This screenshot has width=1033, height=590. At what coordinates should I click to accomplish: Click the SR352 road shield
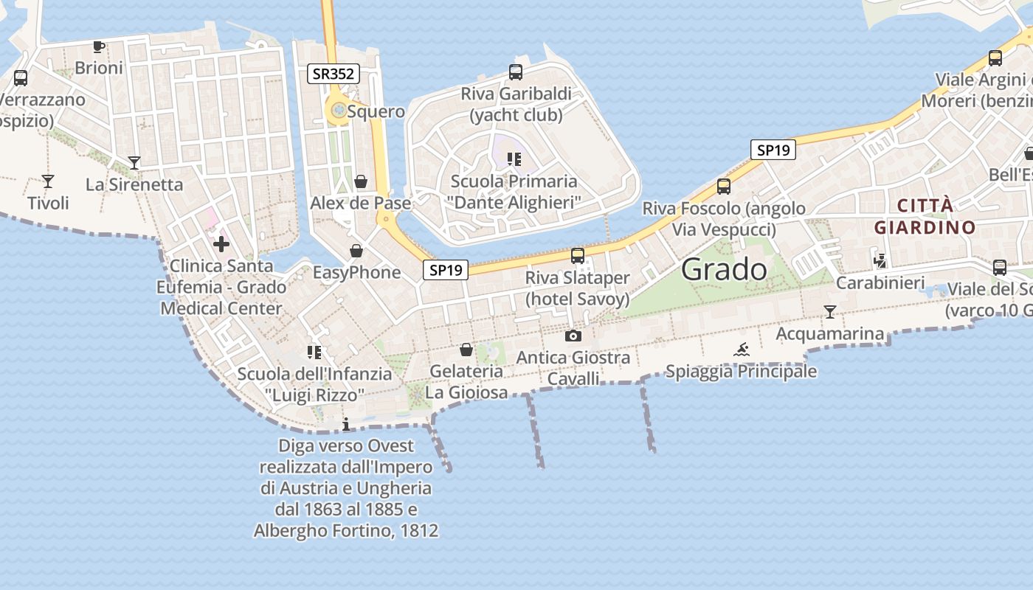[334, 74]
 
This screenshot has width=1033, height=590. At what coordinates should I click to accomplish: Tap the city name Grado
[724, 269]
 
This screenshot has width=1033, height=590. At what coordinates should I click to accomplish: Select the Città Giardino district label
[925, 216]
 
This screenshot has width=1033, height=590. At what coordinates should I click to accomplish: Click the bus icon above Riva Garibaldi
[516, 72]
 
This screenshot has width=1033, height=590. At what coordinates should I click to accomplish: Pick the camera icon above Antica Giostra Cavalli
[573, 336]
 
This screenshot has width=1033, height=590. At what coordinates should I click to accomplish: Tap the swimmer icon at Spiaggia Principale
[742, 350]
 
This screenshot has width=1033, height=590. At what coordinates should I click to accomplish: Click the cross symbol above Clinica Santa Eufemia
[221, 244]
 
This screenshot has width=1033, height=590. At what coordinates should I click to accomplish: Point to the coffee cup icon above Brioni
[98, 47]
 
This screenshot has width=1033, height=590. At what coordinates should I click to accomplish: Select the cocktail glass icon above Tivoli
[48, 181]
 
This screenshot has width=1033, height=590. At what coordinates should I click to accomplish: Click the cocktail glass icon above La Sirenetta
[134, 162]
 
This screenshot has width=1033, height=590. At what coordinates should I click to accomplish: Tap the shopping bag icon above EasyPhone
[356, 251]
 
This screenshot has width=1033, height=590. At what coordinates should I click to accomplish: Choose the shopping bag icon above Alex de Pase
[361, 181]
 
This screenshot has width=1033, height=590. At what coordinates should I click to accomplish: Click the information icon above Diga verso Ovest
[346, 424]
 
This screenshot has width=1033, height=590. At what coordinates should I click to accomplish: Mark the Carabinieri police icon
[880, 260]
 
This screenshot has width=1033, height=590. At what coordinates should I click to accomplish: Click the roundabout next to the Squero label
[338, 111]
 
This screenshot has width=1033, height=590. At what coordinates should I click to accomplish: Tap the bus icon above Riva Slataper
[577, 256]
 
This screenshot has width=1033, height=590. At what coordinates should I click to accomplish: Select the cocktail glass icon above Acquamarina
[830, 312]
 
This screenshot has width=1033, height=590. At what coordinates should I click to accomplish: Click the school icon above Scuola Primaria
[514, 159]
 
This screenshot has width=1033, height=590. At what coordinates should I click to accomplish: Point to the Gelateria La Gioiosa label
[466, 381]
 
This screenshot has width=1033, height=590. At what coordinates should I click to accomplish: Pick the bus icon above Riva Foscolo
[724, 186]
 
